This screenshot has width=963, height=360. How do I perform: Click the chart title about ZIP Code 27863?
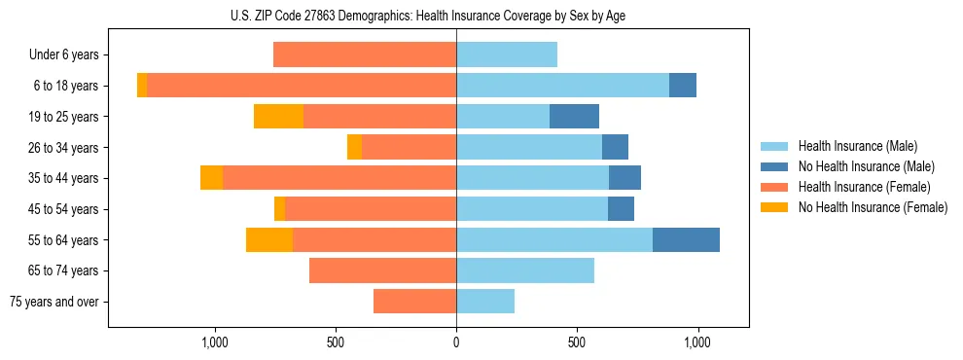[x=428, y=15]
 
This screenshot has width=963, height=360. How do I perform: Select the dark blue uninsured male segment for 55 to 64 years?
[x=686, y=239]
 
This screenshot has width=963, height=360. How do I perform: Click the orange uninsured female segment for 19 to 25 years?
[x=278, y=117]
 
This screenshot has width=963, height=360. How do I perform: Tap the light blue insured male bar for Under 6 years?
[x=507, y=54]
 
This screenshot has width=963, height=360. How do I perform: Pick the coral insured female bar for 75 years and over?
[x=414, y=302]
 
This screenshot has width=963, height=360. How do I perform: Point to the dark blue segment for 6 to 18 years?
[x=683, y=86]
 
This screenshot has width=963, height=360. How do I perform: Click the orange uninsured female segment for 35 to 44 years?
[x=211, y=178]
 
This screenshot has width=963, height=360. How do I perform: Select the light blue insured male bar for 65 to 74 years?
[x=525, y=270]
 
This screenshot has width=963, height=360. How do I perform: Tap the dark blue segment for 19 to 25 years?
[x=574, y=117]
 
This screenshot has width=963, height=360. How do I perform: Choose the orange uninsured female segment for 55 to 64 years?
[x=269, y=239]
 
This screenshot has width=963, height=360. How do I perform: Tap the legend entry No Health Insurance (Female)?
[x=873, y=207]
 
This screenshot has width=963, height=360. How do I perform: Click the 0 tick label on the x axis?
[x=456, y=342]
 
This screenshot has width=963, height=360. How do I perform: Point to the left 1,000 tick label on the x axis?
[x=214, y=342]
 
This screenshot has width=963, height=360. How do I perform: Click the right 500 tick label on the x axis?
[x=577, y=342]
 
